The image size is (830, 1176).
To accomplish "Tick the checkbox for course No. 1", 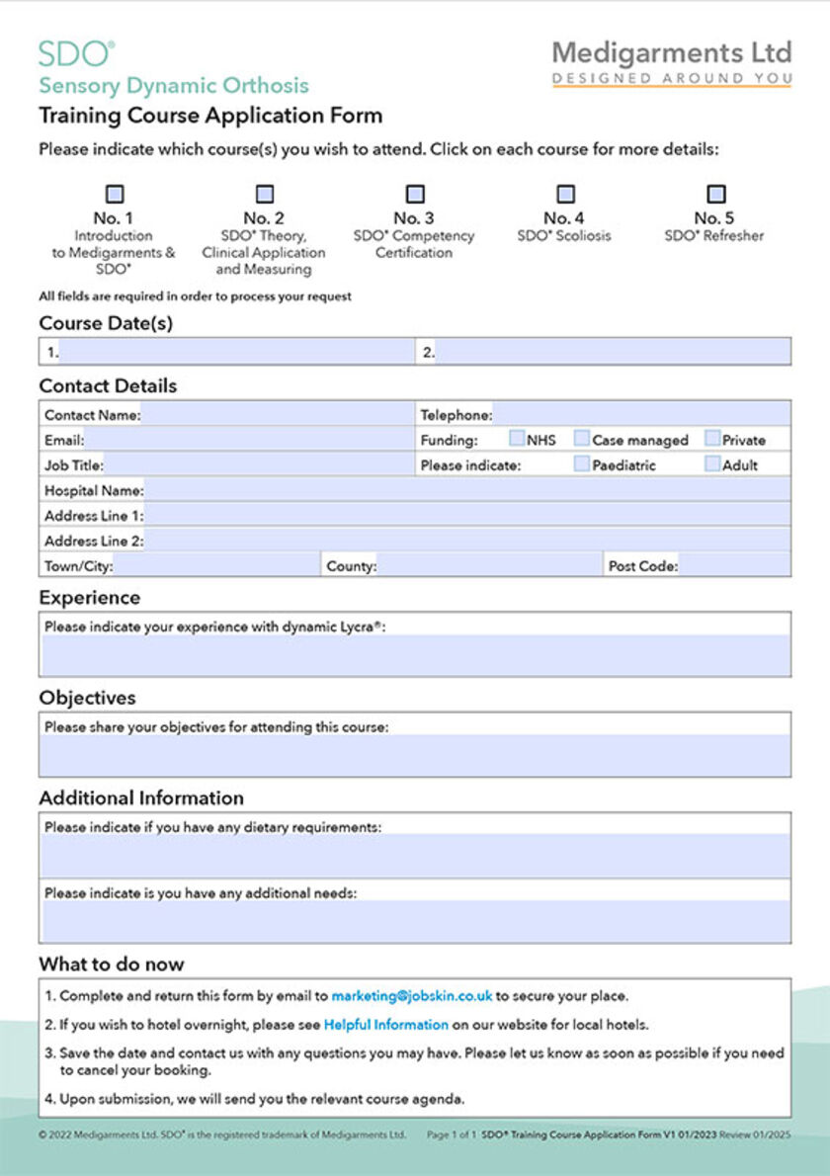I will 115,195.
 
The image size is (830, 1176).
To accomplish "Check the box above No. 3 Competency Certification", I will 416,195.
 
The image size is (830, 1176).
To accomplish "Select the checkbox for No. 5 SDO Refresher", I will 716,195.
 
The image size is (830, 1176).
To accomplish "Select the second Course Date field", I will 613,352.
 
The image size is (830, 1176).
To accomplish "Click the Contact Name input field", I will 277,415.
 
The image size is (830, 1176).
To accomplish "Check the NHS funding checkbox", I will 517,439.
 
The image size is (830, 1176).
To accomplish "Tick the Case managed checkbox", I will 583,439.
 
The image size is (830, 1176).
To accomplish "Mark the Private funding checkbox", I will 712,439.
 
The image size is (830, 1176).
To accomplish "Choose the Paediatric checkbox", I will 583,463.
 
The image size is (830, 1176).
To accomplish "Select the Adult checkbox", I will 712,463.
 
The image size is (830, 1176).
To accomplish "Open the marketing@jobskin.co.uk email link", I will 411,996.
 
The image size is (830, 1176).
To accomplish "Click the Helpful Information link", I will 386,1025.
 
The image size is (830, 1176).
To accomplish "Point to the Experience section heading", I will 90,598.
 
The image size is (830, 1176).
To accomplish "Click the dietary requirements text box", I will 415,856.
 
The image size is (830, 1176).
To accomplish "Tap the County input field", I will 489,566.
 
